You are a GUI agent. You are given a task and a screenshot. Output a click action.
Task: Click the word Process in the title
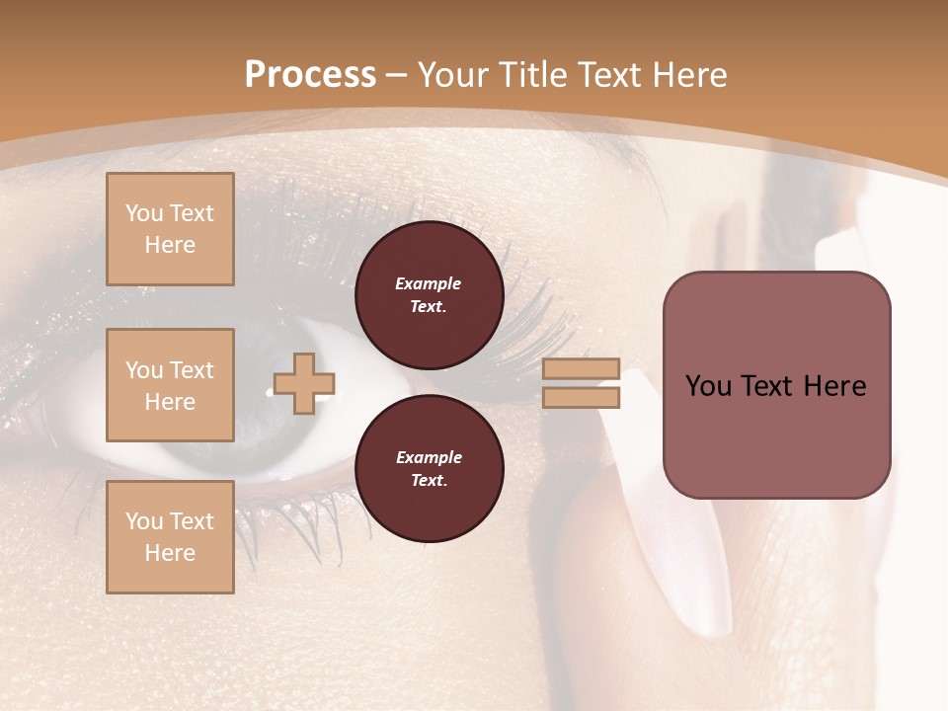tap(310, 75)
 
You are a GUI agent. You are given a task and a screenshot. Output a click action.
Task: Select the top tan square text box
tap(170, 229)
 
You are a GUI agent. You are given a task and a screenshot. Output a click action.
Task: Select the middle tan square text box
tap(170, 385)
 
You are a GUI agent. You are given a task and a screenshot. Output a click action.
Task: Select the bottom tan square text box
tap(170, 537)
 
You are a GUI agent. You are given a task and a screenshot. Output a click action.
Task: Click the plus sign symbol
tap(304, 383)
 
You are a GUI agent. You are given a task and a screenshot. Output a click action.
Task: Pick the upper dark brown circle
tap(429, 294)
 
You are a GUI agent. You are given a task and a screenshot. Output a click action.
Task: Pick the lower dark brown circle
tap(429, 468)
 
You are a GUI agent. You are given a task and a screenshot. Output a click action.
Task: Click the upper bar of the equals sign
tap(581, 368)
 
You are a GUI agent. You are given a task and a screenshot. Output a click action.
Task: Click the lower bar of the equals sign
tap(581, 398)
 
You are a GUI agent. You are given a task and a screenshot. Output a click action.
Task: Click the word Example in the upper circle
tap(429, 283)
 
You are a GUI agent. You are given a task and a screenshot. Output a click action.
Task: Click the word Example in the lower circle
tap(429, 457)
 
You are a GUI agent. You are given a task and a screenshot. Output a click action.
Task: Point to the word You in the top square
tap(144, 213)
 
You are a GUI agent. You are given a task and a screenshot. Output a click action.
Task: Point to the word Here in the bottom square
tap(170, 553)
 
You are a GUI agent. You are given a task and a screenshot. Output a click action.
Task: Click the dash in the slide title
tap(397, 75)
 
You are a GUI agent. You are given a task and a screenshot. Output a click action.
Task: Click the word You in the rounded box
tap(708, 386)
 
